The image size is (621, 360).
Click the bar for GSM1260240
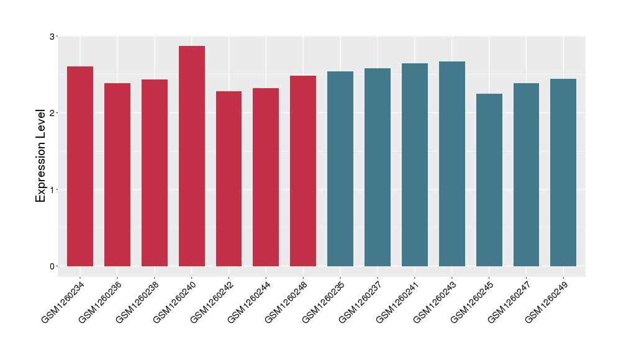(x=192, y=156)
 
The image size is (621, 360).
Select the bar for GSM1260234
(x=80, y=166)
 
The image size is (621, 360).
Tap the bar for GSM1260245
(x=489, y=180)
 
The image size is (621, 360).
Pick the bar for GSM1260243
(x=452, y=164)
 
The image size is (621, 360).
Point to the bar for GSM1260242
(x=229, y=179)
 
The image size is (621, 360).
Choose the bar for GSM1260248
(x=303, y=171)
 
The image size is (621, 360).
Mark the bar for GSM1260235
(x=340, y=169)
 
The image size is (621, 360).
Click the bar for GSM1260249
(x=563, y=173)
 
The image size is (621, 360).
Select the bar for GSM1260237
(x=378, y=167)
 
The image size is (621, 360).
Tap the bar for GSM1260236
(x=117, y=174)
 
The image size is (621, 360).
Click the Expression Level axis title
(x=41, y=155)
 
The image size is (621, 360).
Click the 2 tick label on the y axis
(x=52, y=113)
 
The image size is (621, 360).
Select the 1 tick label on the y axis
(x=52, y=189)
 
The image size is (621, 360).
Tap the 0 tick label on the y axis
(x=52, y=266)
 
